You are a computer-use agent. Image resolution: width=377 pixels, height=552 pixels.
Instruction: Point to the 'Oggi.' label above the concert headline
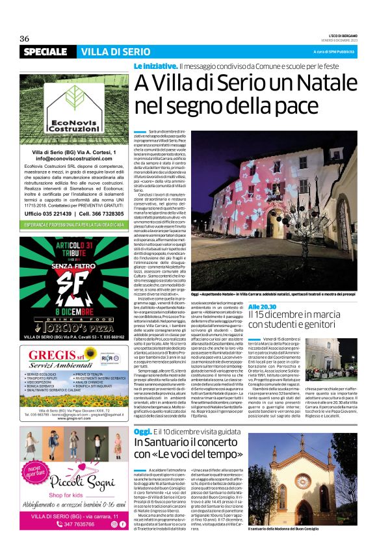pos(142,432)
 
